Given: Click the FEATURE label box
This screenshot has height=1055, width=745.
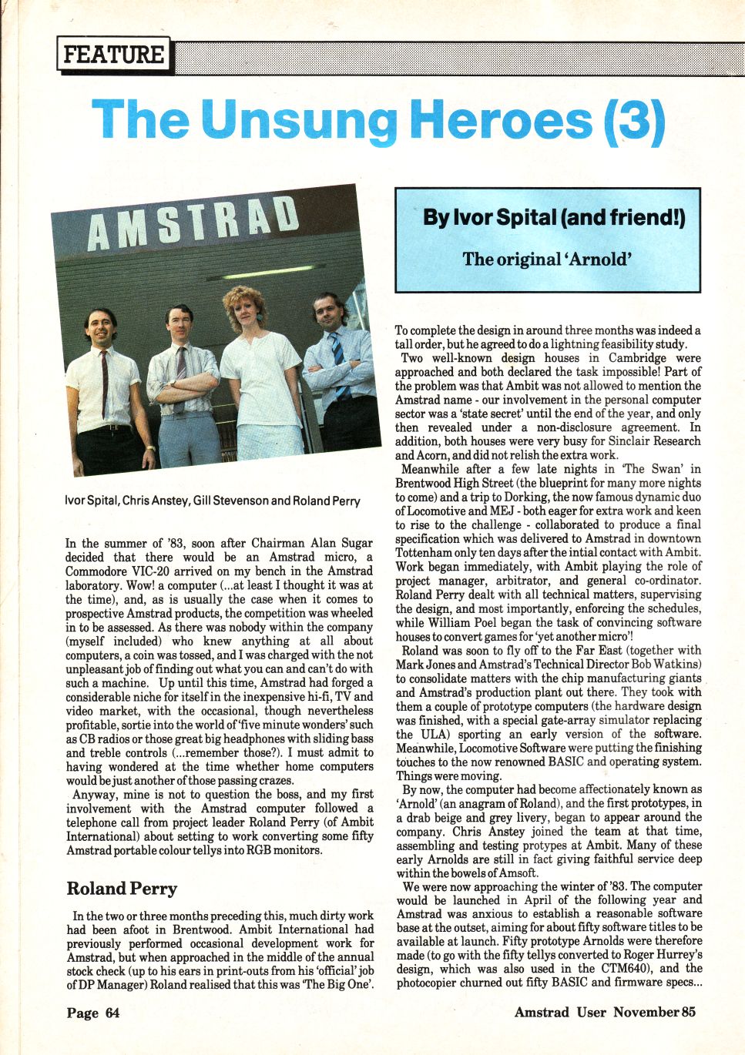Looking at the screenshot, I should coord(113,55).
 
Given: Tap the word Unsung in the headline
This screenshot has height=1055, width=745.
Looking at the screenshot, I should coord(301,121).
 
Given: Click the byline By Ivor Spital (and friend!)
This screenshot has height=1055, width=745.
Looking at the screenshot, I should coord(553,218).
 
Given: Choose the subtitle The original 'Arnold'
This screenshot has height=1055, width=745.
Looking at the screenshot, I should coord(547,259).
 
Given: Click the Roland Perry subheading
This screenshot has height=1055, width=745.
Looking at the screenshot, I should coord(122,889).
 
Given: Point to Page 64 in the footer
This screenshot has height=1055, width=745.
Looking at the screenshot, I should coord(93,1013).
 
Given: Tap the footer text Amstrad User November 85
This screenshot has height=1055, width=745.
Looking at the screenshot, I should coord(605,1012).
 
